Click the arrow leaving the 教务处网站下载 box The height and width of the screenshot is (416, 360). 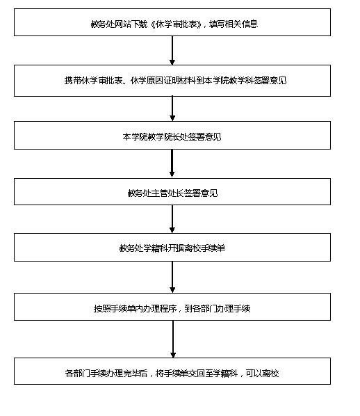pos(172,50)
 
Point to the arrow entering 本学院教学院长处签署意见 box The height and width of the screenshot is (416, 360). pos(172,109)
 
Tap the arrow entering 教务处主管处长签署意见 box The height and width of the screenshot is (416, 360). pos(172,163)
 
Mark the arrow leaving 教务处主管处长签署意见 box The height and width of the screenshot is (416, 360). pos(172,219)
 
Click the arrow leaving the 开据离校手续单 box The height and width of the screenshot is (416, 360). pos(172,278)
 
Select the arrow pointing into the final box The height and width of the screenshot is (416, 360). pos(173,339)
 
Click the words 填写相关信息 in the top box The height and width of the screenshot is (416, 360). pos(234,24)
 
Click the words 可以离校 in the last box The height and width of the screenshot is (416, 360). pos(262,374)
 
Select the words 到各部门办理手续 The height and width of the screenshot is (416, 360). pos(218,309)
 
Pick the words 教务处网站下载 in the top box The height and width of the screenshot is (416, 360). pos(119,24)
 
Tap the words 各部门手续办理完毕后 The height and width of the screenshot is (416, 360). pos(106,374)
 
